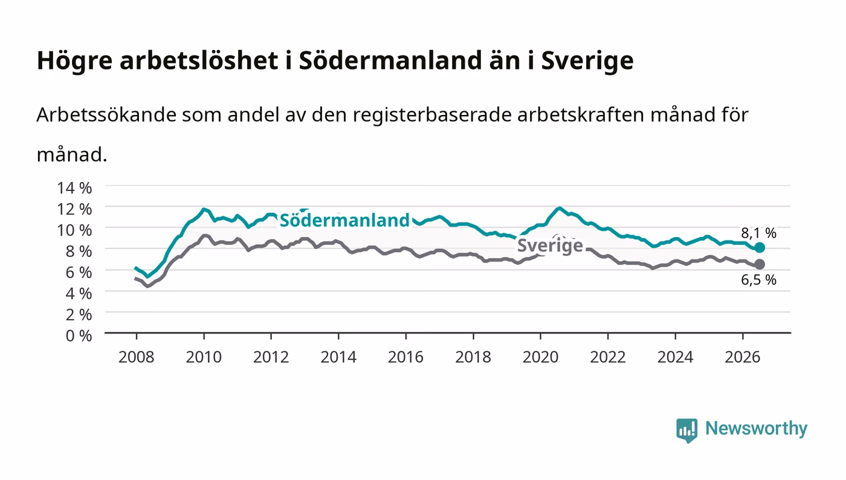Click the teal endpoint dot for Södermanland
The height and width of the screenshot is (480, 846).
click(x=759, y=248)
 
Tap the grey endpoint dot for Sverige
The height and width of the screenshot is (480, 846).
click(x=759, y=264)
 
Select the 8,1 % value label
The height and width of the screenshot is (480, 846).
click(x=758, y=233)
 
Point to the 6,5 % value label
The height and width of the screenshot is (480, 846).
click(x=758, y=280)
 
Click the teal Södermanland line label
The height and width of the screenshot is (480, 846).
click(x=344, y=220)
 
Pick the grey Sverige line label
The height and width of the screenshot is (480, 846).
click(x=550, y=245)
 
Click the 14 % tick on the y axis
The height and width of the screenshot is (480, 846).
click(x=74, y=188)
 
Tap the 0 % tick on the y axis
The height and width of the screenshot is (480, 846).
click(x=79, y=336)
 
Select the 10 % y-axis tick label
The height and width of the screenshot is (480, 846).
click(x=74, y=230)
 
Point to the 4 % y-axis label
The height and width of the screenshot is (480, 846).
click(x=79, y=293)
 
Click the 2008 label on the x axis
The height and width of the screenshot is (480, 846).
click(x=137, y=357)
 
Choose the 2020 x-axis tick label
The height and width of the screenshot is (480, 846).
click(x=540, y=357)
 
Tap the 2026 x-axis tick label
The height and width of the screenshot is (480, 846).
click(x=743, y=357)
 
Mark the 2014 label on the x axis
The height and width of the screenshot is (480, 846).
click(x=338, y=357)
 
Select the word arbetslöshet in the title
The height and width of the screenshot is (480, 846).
click(x=199, y=60)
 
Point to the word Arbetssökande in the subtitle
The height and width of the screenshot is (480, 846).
click(x=106, y=114)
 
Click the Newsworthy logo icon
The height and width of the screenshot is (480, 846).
click(x=686, y=430)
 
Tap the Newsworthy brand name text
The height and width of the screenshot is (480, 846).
click(x=756, y=429)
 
